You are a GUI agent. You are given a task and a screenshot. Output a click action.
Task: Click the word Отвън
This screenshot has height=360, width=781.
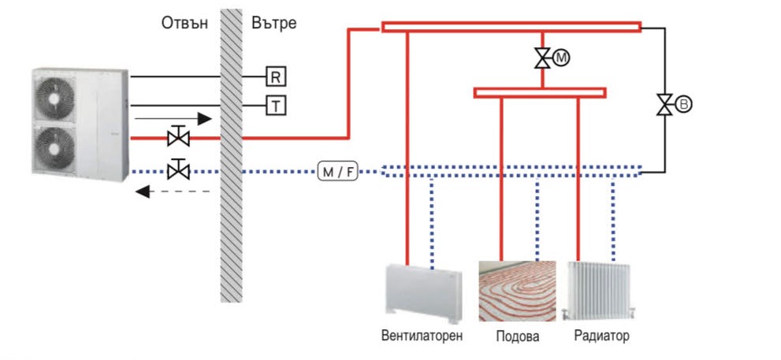184,22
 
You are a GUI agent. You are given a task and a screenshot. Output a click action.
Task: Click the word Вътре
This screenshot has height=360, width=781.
273,22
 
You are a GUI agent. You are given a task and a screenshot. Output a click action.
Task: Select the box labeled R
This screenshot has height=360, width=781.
276,76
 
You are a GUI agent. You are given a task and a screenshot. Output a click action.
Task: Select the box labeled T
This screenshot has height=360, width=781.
276,105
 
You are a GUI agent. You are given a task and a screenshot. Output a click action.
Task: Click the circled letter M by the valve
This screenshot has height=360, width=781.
561,57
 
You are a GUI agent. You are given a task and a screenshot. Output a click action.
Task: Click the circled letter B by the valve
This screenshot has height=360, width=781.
683,104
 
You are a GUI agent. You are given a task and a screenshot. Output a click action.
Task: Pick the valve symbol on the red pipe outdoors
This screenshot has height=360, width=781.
179,138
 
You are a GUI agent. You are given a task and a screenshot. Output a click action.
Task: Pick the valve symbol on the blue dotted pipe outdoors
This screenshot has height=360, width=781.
179,169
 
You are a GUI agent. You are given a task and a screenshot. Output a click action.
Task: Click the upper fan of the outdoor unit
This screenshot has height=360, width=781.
55,99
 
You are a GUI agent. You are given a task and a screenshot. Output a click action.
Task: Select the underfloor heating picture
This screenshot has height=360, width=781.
517,289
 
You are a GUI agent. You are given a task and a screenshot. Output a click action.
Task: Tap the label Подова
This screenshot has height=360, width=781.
517,336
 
